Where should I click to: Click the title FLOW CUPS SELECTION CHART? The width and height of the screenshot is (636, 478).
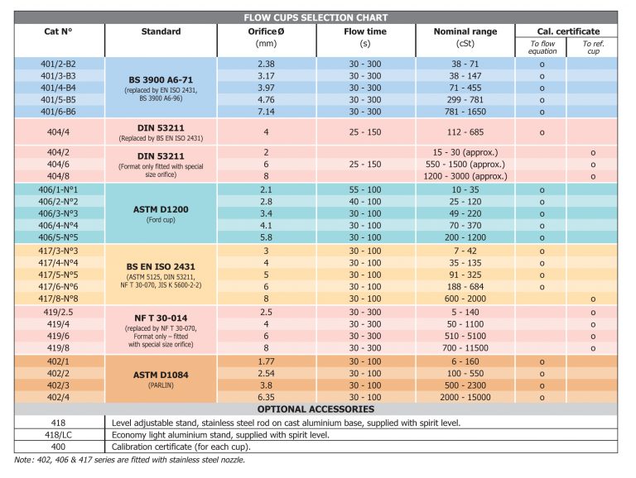316,18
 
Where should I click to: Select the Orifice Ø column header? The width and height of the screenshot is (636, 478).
266,31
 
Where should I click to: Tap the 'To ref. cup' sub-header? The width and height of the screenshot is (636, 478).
593,47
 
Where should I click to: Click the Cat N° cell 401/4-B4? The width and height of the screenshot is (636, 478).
58,88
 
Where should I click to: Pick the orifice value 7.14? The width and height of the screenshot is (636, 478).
266,112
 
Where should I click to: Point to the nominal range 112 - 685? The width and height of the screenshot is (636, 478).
465,132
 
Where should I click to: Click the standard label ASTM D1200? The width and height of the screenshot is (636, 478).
161,209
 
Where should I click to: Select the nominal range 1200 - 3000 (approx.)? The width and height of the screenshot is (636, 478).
465,176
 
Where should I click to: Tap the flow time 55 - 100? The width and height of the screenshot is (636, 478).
365,189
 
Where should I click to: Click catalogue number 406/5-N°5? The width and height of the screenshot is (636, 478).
58,237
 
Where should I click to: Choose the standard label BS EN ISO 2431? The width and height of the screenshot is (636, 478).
161,266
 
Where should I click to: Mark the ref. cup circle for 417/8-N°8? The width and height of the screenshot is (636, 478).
593,299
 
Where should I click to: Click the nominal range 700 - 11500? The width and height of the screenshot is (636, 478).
465,348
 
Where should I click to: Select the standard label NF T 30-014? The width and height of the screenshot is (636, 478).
161,318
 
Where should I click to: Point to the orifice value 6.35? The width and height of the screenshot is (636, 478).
266,398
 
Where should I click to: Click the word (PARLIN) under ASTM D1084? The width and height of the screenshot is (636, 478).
161,385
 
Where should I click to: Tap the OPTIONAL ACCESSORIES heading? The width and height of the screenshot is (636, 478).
316,409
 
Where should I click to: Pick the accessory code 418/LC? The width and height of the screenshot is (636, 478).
58,435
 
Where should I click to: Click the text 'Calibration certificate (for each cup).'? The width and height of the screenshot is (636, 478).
181,447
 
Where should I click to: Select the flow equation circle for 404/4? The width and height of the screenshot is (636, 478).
542,132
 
